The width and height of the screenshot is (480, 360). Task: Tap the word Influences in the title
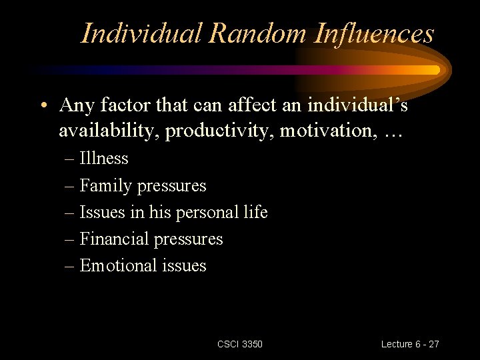coord(373,33)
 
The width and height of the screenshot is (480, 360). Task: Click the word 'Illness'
coord(104,159)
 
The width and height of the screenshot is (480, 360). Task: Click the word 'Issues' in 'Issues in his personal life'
coord(101,212)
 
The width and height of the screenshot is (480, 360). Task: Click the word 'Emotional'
coord(118,265)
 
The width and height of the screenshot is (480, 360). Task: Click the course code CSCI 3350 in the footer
coord(240,344)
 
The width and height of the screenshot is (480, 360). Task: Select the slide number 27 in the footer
coord(433,344)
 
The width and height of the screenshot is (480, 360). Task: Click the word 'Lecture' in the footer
coord(397,344)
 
